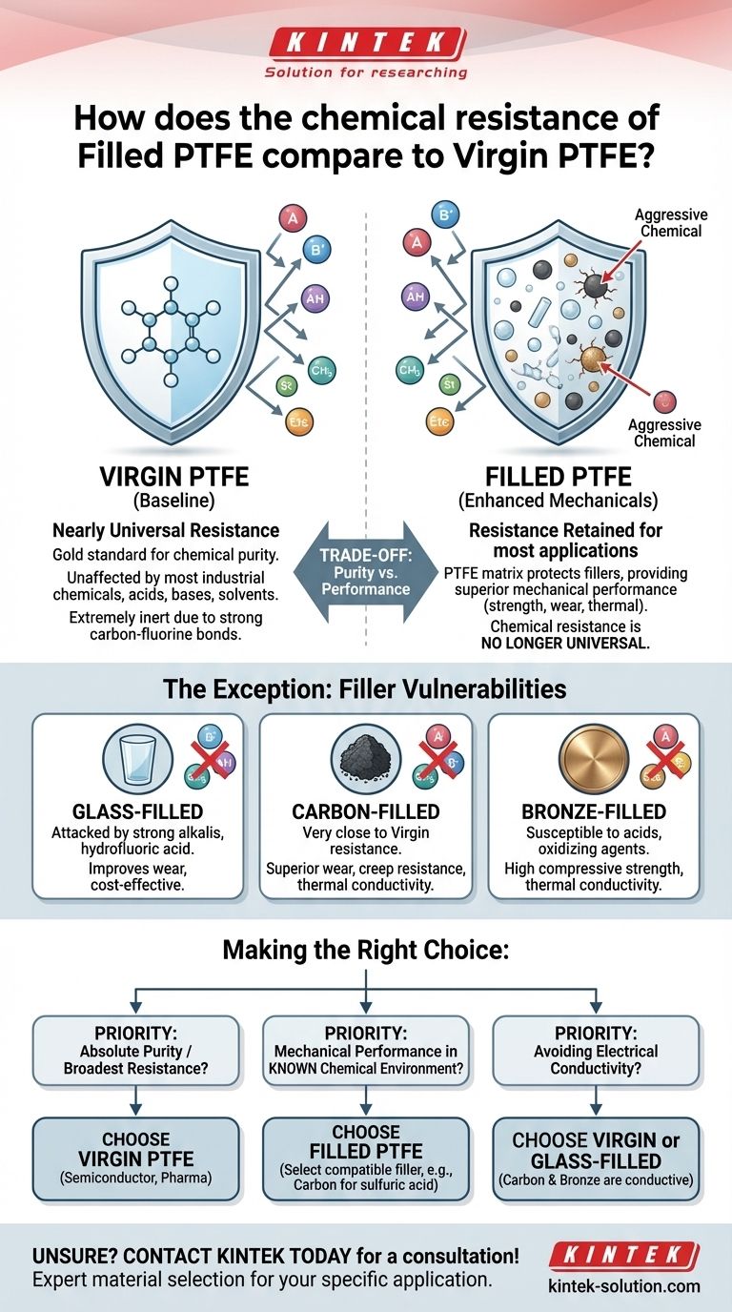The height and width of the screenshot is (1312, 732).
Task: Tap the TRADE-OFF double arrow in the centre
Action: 366,572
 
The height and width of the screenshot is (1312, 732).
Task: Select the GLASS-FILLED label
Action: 137,812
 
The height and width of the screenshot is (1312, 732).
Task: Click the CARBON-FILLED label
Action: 365,812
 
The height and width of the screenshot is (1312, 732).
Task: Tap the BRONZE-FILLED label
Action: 594,812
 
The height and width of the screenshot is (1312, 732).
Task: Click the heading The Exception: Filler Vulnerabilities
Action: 366,688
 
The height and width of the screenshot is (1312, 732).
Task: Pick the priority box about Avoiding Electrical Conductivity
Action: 596,1050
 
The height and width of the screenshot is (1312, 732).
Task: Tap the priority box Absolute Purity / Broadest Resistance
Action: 136,1050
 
